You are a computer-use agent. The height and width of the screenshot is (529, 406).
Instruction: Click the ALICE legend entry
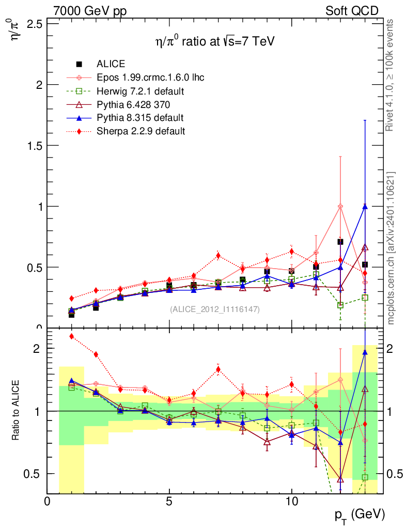[x=111, y=64]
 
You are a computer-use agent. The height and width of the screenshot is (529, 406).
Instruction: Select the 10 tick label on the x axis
[x=291, y=501]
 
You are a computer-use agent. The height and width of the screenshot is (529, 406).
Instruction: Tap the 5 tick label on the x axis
[x=169, y=501]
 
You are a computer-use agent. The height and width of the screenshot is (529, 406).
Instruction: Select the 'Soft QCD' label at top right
[x=352, y=11]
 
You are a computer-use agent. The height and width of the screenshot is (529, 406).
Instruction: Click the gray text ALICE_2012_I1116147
[x=214, y=309]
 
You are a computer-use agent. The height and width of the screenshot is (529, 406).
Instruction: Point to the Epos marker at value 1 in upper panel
[x=340, y=206]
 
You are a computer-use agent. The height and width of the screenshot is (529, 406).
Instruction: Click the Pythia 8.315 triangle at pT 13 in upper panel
[x=365, y=206]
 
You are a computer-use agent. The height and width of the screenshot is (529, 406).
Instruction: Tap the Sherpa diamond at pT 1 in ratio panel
[x=72, y=336]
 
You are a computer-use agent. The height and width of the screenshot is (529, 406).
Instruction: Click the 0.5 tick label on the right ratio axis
[x=395, y=474]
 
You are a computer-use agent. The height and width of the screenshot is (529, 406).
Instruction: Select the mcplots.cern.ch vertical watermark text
[x=392, y=248]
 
